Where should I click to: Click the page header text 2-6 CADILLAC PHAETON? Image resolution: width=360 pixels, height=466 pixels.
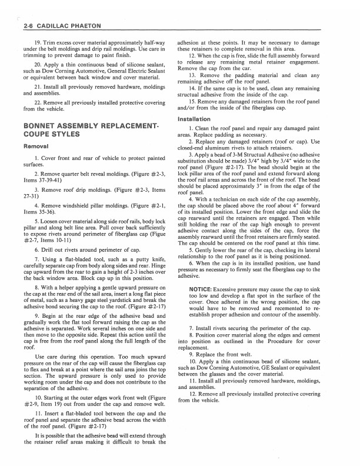click(61, 26)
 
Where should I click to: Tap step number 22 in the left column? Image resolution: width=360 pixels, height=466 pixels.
click(38, 102)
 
